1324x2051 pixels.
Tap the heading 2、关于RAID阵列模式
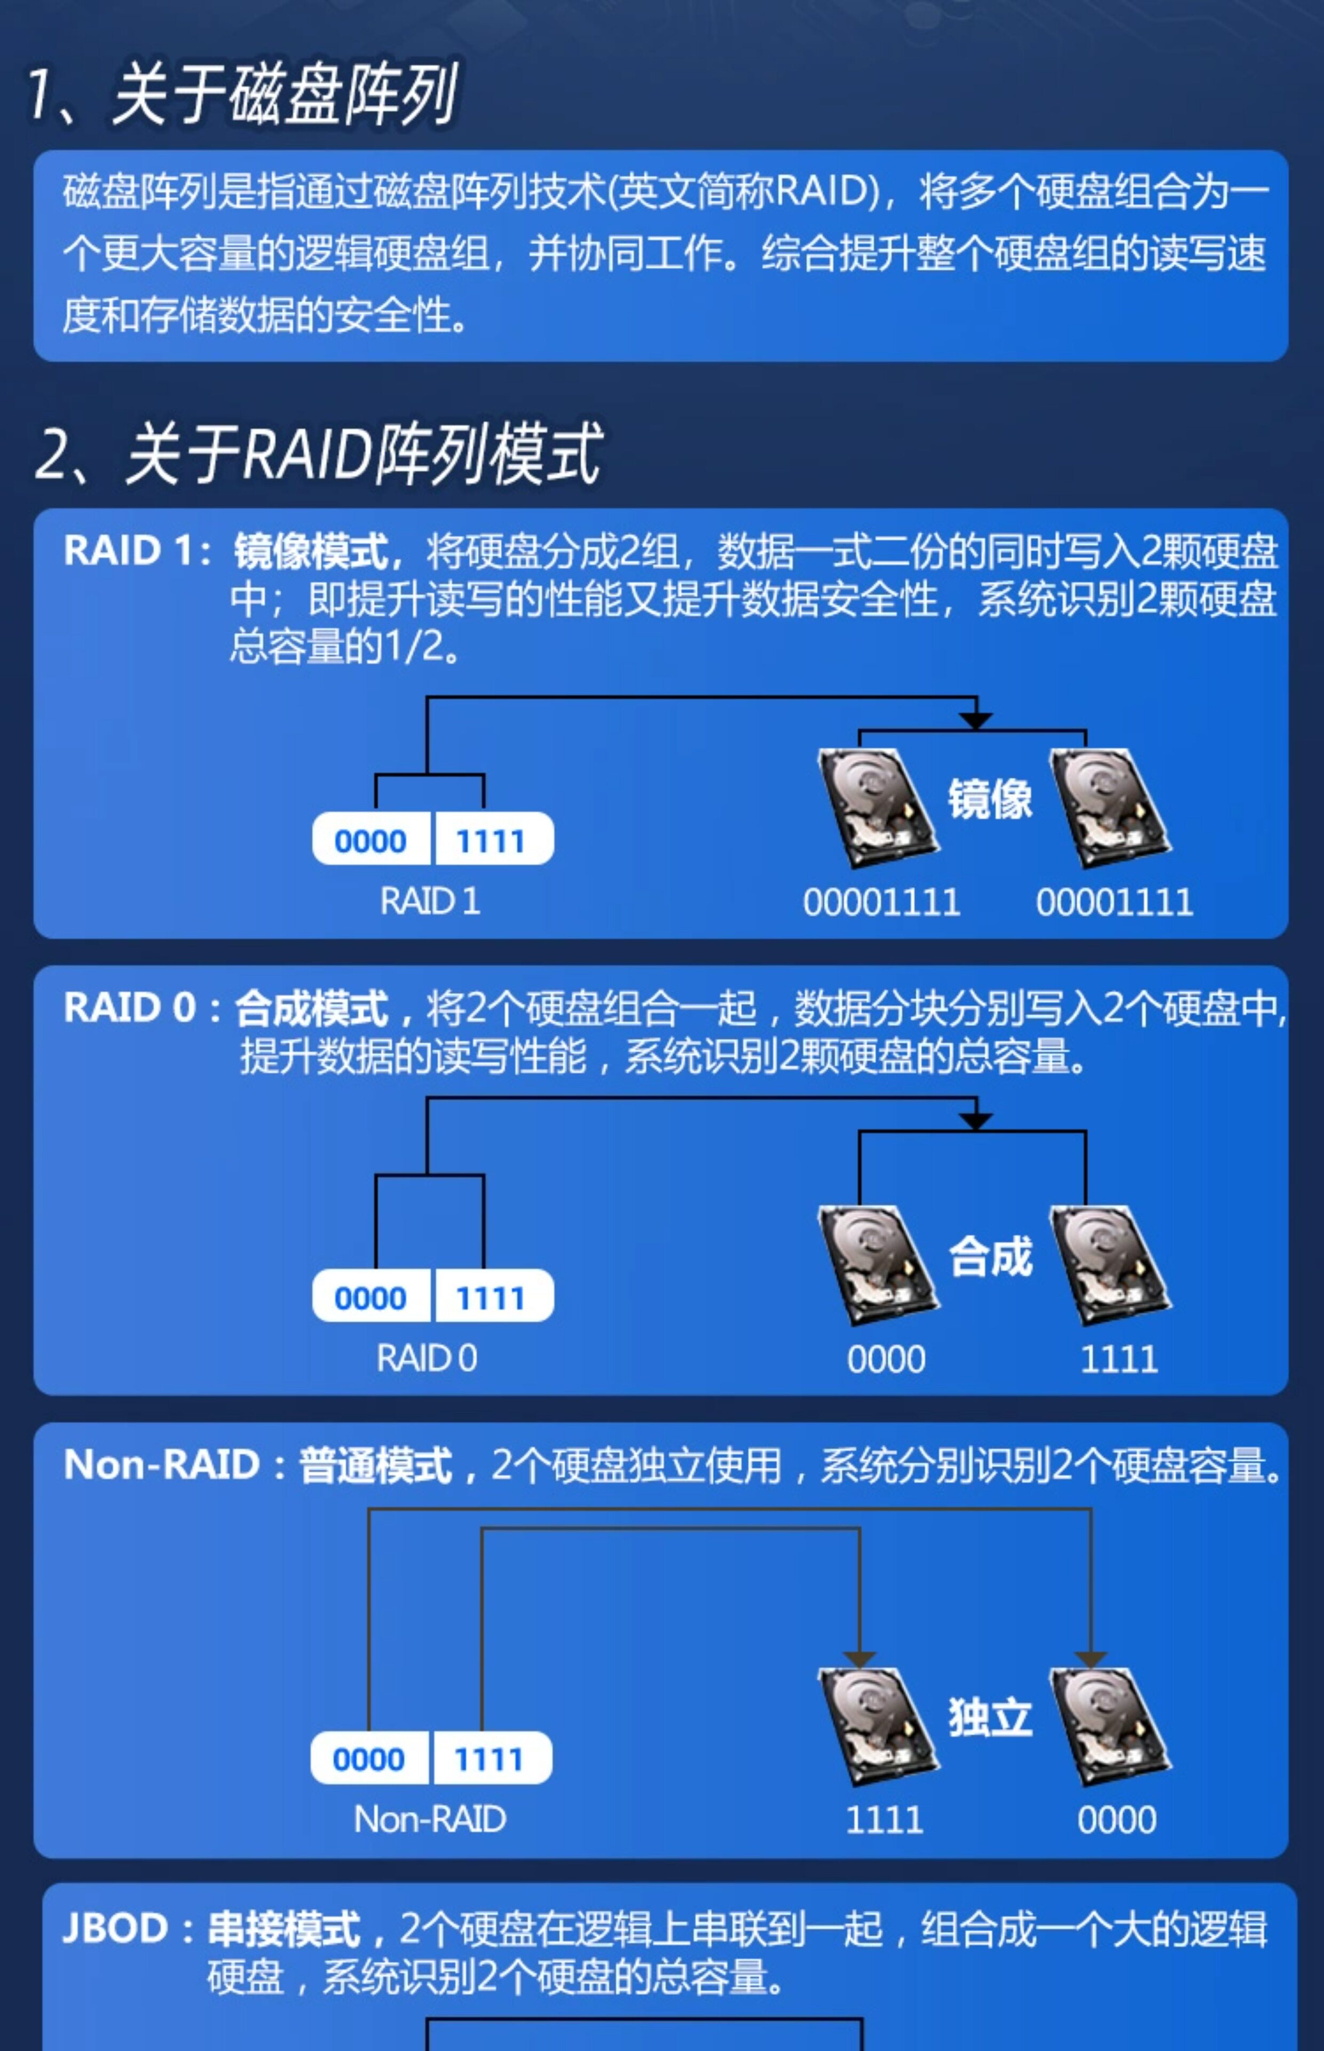pyautogui.click(x=318, y=453)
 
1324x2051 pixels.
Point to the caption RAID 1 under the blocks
pyautogui.click(x=430, y=901)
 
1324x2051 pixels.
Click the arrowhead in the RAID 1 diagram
pyautogui.click(x=976, y=720)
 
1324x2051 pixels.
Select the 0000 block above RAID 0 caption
pyautogui.click(x=371, y=1297)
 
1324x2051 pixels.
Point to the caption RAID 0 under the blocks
pyautogui.click(x=427, y=1359)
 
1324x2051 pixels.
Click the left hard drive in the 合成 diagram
pyautogui.click(x=877, y=1264)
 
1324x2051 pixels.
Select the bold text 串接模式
pyautogui.click(x=283, y=1928)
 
